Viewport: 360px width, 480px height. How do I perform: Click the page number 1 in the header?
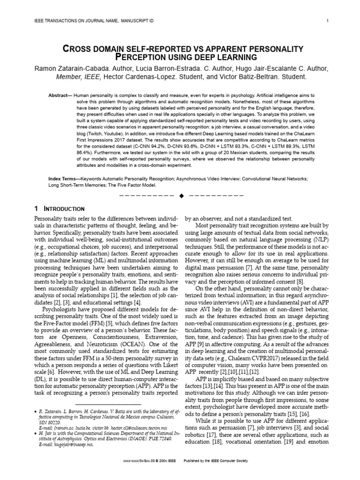click(327, 21)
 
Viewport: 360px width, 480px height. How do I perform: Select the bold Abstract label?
click(60, 95)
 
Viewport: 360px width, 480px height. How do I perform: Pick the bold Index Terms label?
click(63, 179)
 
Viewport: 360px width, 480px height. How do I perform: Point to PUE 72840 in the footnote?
click(156, 439)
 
